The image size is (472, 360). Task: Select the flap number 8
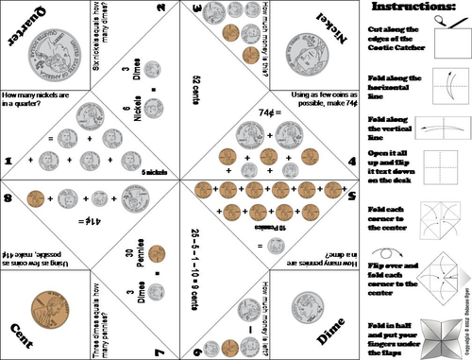point(8,197)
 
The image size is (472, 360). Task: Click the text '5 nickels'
point(153,172)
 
